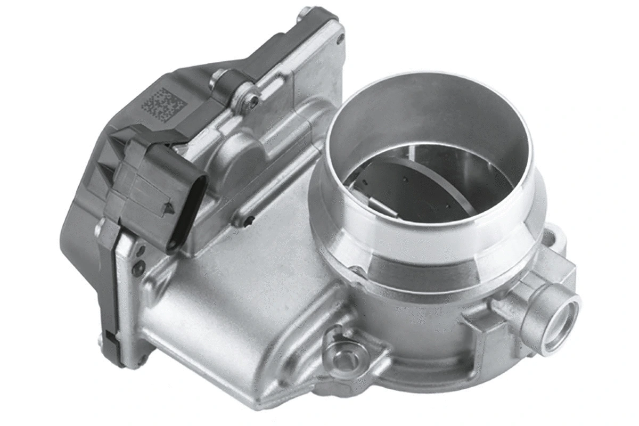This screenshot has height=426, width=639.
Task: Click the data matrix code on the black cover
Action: (x=163, y=103)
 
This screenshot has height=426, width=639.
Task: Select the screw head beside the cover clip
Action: (x=253, y=100)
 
